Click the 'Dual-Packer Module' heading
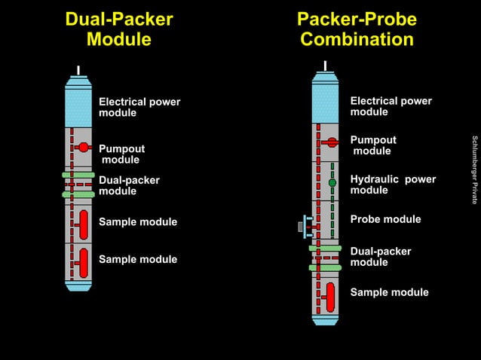click(x=119, y=29)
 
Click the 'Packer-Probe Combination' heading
click(x=357, y=29)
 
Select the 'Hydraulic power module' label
click(x=393, y=185)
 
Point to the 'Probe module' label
click(x=385, y=219)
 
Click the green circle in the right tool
click(x=332, y=182)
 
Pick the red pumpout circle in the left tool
click(x=84, y=147)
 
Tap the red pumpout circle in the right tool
click(x=332, y=142)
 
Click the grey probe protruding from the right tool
click(x=302, y=225)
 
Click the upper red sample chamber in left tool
click(x=83, y=224)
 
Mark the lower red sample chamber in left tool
click(x=83, y=261)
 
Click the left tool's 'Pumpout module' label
click(x=121, y=154)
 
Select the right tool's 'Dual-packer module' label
click(x=381, y=257)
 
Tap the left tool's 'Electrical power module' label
click(x=139, y=108)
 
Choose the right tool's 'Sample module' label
click(x=389, y=292)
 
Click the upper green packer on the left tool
click(x=78, y=175)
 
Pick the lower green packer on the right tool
click(x=325, y=267)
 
